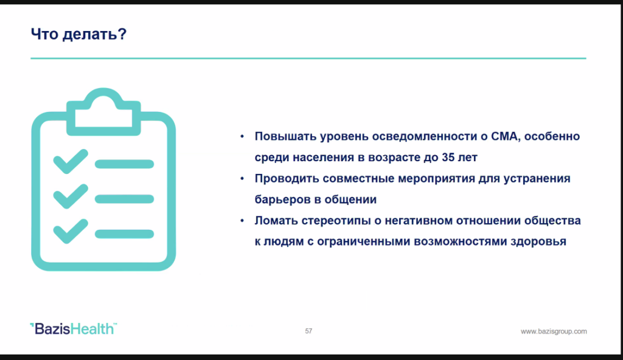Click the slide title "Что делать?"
pos(78,34)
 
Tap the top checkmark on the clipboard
pos(71,161)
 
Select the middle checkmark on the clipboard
pos(71,196)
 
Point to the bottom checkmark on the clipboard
pos(71,231)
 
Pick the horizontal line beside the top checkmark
pos(124,164)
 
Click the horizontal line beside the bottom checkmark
pos(124,234)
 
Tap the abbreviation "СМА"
pos(504,136)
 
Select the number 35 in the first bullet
pos(448,157)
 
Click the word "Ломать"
pos(276,221)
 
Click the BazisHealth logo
pos(74,328)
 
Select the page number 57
pos(308,331)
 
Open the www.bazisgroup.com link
pos(554,331)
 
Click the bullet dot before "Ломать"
pos(242,221)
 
